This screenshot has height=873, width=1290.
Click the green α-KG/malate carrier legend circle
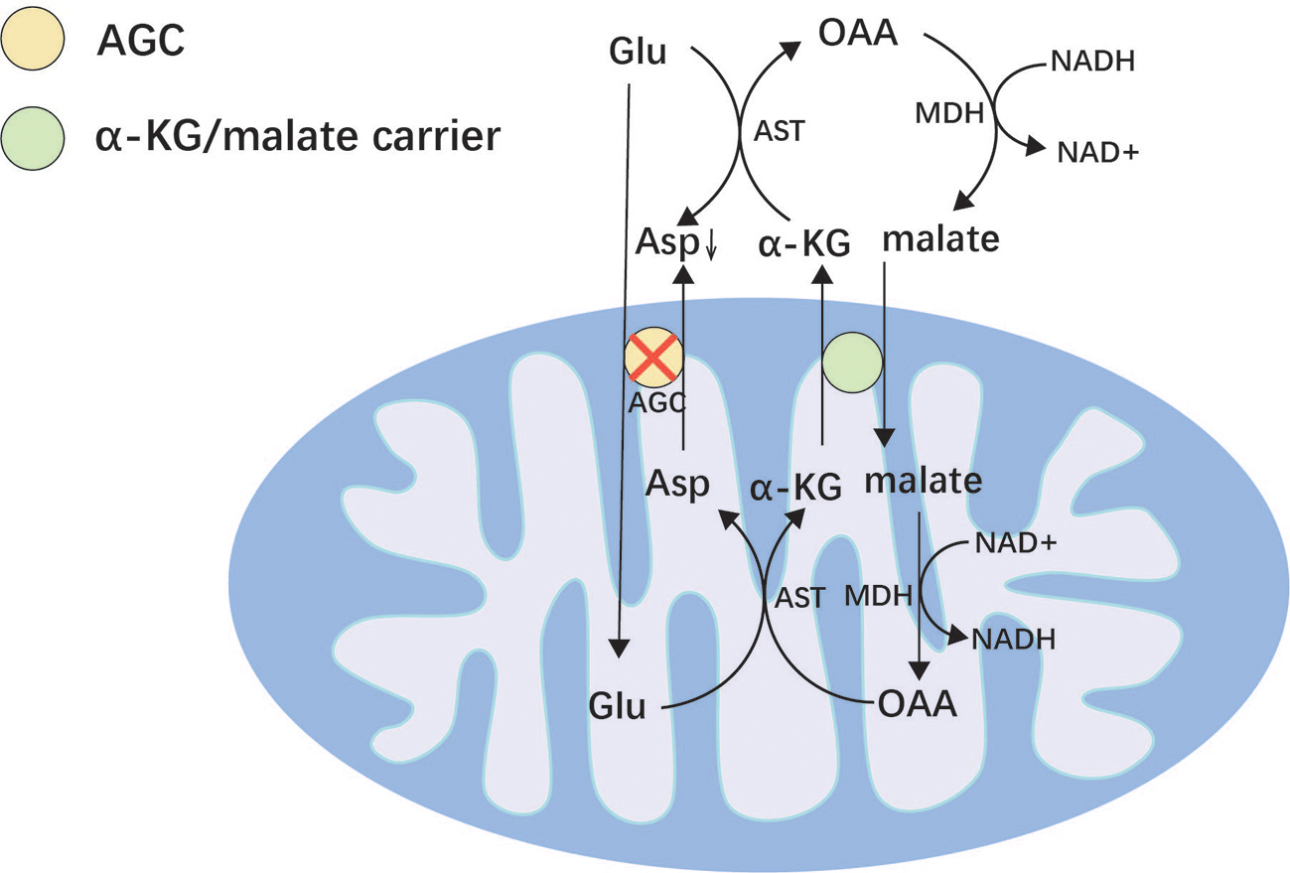34,138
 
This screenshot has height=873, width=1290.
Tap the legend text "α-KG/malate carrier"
297,137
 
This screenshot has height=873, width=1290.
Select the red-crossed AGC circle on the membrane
654,359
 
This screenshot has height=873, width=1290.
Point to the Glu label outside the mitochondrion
637,51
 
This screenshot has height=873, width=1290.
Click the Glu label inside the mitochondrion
617,707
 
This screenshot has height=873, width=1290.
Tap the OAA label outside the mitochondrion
858,33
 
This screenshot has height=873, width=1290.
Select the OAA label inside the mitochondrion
919,704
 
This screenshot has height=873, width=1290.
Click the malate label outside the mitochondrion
940,240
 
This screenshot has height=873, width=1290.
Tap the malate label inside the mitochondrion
923,481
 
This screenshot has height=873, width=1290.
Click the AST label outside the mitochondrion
780,131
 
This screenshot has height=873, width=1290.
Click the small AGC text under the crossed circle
656,403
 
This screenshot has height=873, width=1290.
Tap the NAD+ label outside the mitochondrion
1097,153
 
